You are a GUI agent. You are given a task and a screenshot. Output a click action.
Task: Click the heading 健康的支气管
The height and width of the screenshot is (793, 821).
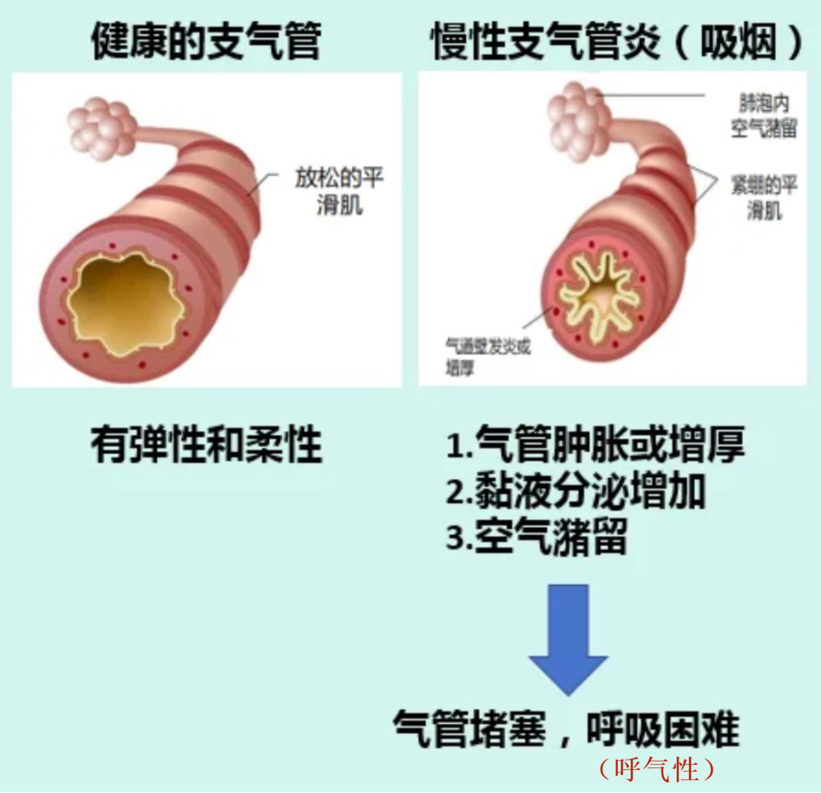(x=206, y=41)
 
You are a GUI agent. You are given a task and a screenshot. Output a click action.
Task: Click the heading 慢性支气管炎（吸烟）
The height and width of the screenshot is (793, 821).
(x=616, y=41)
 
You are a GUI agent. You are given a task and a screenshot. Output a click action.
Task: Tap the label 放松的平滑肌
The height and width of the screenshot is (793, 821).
(x=339, y=191)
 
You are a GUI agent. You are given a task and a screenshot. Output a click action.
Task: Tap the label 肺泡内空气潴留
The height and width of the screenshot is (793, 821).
(x=764, y=116)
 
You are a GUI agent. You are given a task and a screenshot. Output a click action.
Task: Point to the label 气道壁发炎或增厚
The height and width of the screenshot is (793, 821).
(x=487, y=356)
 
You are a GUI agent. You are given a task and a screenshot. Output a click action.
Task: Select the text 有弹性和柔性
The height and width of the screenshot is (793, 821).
(x=206, y=445)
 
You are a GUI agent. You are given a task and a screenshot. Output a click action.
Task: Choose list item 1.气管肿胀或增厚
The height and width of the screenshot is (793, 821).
(x=595, y=444)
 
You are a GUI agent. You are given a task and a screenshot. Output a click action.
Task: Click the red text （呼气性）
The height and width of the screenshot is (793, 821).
(x=656, y=769)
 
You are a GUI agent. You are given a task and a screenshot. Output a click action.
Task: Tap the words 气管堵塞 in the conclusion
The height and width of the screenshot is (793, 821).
(x=470, y=729)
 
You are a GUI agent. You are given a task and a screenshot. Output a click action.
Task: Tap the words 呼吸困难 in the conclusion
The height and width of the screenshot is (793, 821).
(x=663, y=729)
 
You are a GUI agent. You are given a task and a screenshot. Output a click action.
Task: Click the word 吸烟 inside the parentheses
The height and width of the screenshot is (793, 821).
(x=739, y=42)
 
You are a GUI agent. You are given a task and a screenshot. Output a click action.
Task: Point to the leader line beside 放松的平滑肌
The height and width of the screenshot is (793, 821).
(x=263, y=183)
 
